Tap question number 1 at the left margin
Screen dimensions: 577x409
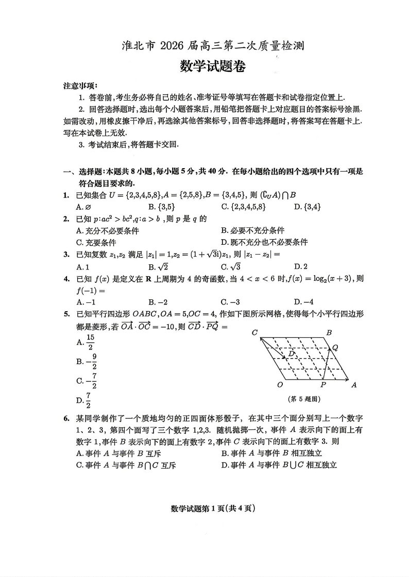coord(66,195)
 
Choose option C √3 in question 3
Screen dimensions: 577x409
coord(231,266)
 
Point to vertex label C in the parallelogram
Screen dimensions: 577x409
coord(254,333)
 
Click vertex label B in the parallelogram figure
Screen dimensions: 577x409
coord(329,333)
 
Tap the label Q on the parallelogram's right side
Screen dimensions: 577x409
coord(335,348)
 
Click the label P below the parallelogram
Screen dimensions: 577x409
coord(323,384)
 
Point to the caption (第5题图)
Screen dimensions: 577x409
coord(304,399)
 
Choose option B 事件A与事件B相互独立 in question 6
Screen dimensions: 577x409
coord(271,453)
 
